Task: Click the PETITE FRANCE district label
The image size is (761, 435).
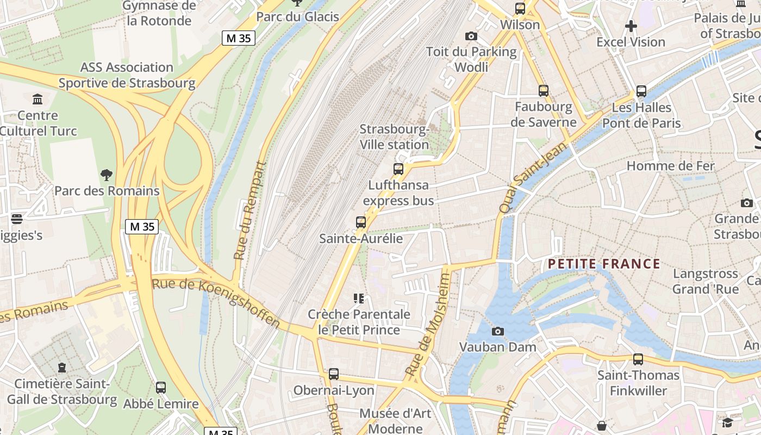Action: pos(603,264)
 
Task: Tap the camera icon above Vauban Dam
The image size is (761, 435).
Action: pos(497,331)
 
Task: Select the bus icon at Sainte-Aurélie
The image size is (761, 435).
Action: pos(361,222)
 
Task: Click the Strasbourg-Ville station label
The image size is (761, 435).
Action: pos(395,137)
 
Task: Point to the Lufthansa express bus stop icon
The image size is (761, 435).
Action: pos(398,169)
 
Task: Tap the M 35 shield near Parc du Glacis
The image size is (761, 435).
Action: pos(239,38)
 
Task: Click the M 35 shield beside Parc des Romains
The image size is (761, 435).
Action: pos(142,227)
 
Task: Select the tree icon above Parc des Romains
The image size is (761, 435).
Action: pos(107,175)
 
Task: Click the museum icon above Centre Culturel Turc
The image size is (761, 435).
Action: pos(38,100)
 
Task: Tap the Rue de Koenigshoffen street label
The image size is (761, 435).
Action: pos(216,303)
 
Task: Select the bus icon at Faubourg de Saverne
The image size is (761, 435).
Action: pos(544,91)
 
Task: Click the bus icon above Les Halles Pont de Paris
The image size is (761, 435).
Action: pos(641,91)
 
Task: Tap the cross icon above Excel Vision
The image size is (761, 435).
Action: pos(631,26)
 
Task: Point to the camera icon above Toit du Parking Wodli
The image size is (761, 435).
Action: pos(471,36)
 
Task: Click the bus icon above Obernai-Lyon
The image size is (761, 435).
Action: pos(334,374)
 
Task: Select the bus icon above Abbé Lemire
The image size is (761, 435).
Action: pos(161,388)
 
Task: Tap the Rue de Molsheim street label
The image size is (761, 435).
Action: pos(428,325)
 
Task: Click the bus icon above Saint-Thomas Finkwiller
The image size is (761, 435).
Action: pos(638,359)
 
